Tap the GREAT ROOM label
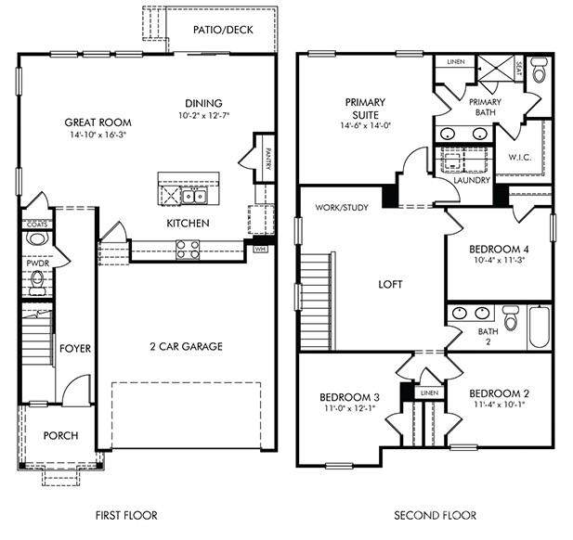click(98, 122)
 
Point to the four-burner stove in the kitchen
click(188, 248)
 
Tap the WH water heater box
click(262, 248)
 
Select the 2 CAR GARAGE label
click(187, 347)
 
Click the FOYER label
click(75, 349)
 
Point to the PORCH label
click(61, 435)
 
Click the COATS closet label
click(37, 224)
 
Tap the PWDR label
click(37, 264)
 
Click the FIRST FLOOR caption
click(126, 515)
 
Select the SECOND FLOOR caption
click(435, 515)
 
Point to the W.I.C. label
click(519, 157)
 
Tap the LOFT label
click(389, 284)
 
